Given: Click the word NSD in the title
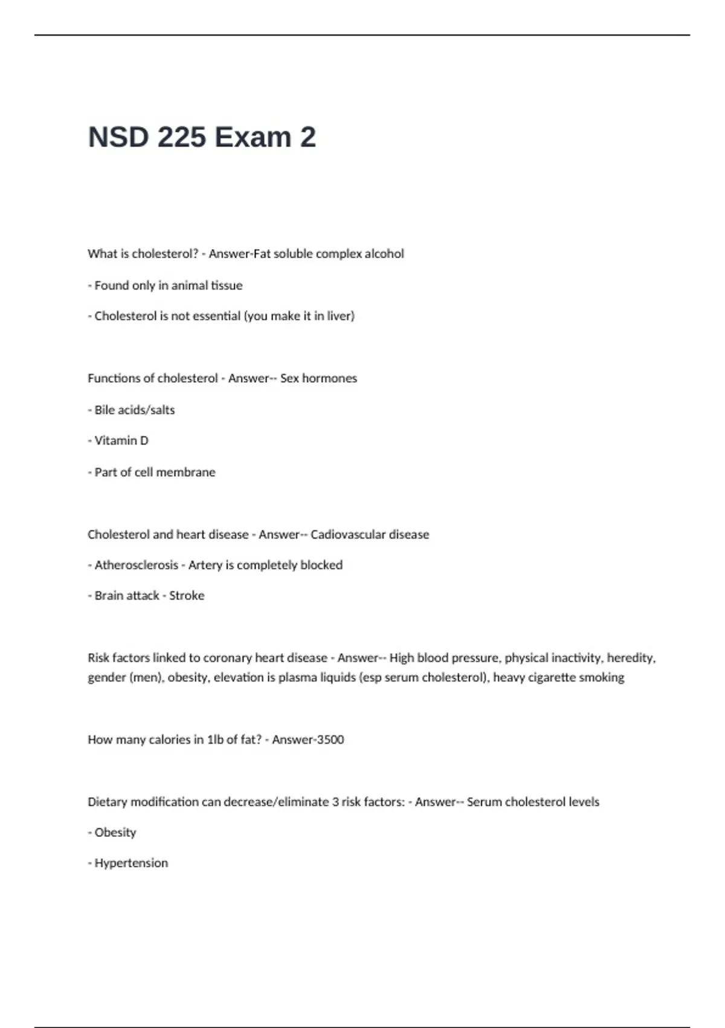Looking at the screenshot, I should pos(118,137).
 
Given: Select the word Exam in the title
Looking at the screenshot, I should pos(253,137).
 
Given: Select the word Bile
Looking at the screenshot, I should pos(105,410).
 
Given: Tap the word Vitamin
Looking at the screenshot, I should pos(115,441).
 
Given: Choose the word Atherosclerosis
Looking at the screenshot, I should pos(136,565).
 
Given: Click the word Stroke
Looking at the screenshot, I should pos(187,596).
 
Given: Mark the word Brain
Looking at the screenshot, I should pos(109,596).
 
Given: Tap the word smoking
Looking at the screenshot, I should pos(601,678).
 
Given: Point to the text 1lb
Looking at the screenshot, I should pos(215,740).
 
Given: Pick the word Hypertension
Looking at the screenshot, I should pos(131,864).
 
